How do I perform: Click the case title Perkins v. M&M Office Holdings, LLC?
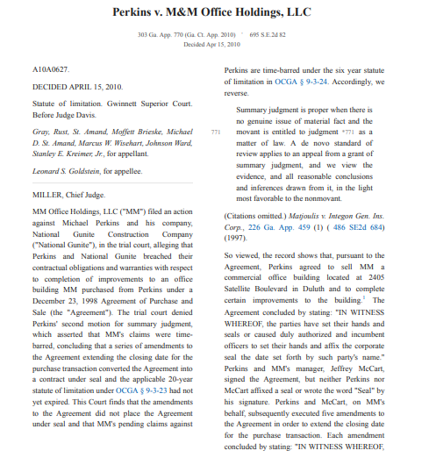tap(214, 13)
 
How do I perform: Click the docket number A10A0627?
tap(49, 68)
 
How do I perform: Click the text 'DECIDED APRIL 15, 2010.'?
tap(77, 88)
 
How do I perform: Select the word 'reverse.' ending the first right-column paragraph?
tap(238, 91)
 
